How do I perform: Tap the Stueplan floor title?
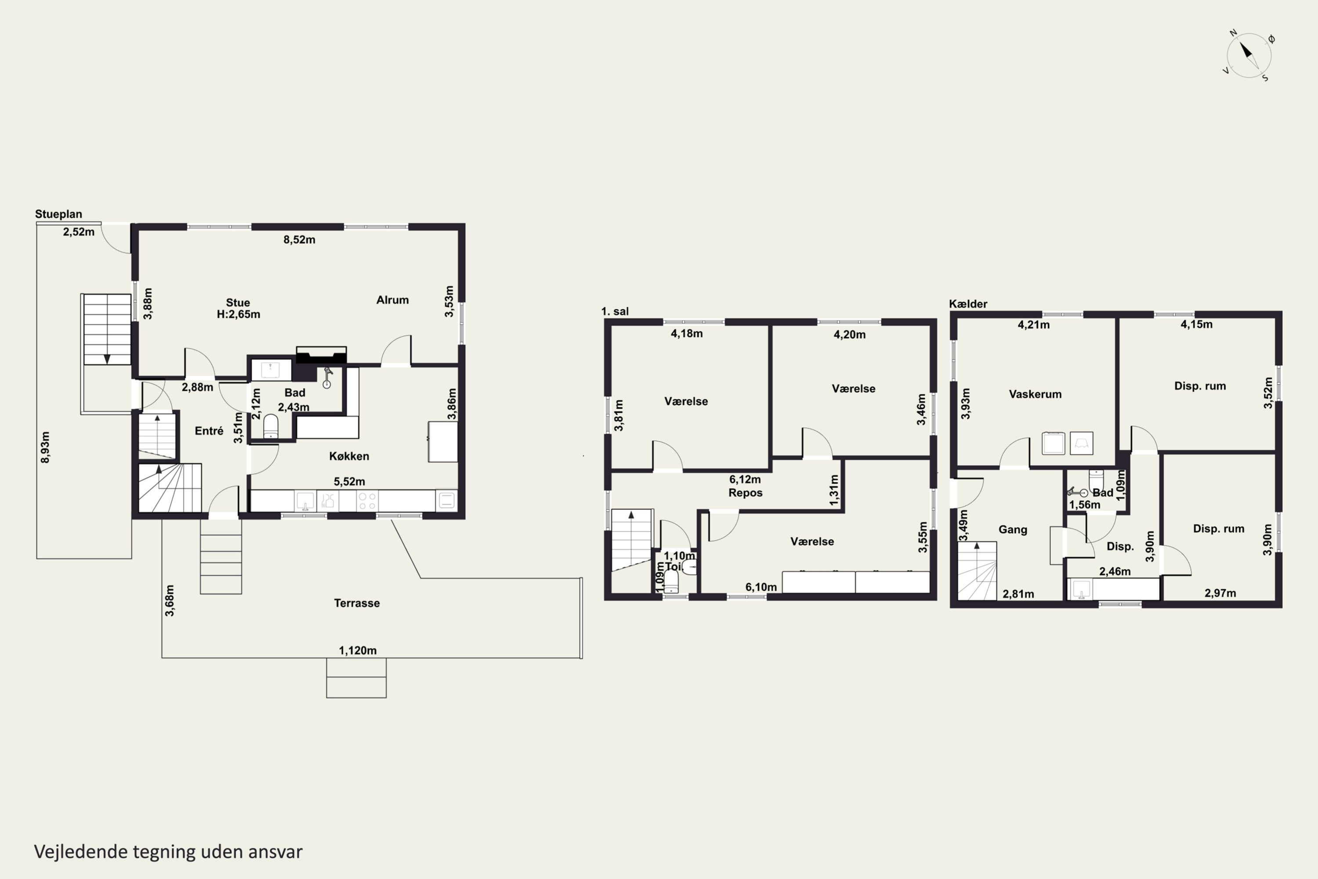pyautogui.click(x=58, y=214)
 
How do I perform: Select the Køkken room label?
pyautogui.click(x=349, y=456)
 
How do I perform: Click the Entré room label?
pyautogui.click(x=209, y=431)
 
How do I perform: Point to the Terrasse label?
pyautogui.click(x=357, y=603)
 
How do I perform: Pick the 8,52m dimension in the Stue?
pyautogui.click(x=299, y=240)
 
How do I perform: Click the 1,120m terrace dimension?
pyautogui.click(x=358, y=651)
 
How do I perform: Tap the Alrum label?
pyautogui.click(x=392, y=300)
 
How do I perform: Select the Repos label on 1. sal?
pyautogui.click(x=745, y=493)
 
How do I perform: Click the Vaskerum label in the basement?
pyautogui.click(x=1035, y=394)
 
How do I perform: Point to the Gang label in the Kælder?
pyautogui.click(x=1013, y=529)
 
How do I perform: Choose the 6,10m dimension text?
pyautogui.click(x=761, y=587)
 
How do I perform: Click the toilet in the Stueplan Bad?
pyautogui.click(x=271, y=426)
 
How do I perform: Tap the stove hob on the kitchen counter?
pyautogui.click(x=366, y=501)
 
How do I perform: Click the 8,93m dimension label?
pyautogui.click(x=45, y=447)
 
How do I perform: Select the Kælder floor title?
pyautogui.click(x=968, y=304)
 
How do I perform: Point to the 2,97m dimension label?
pyautogui.click(x=1220, y=593)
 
